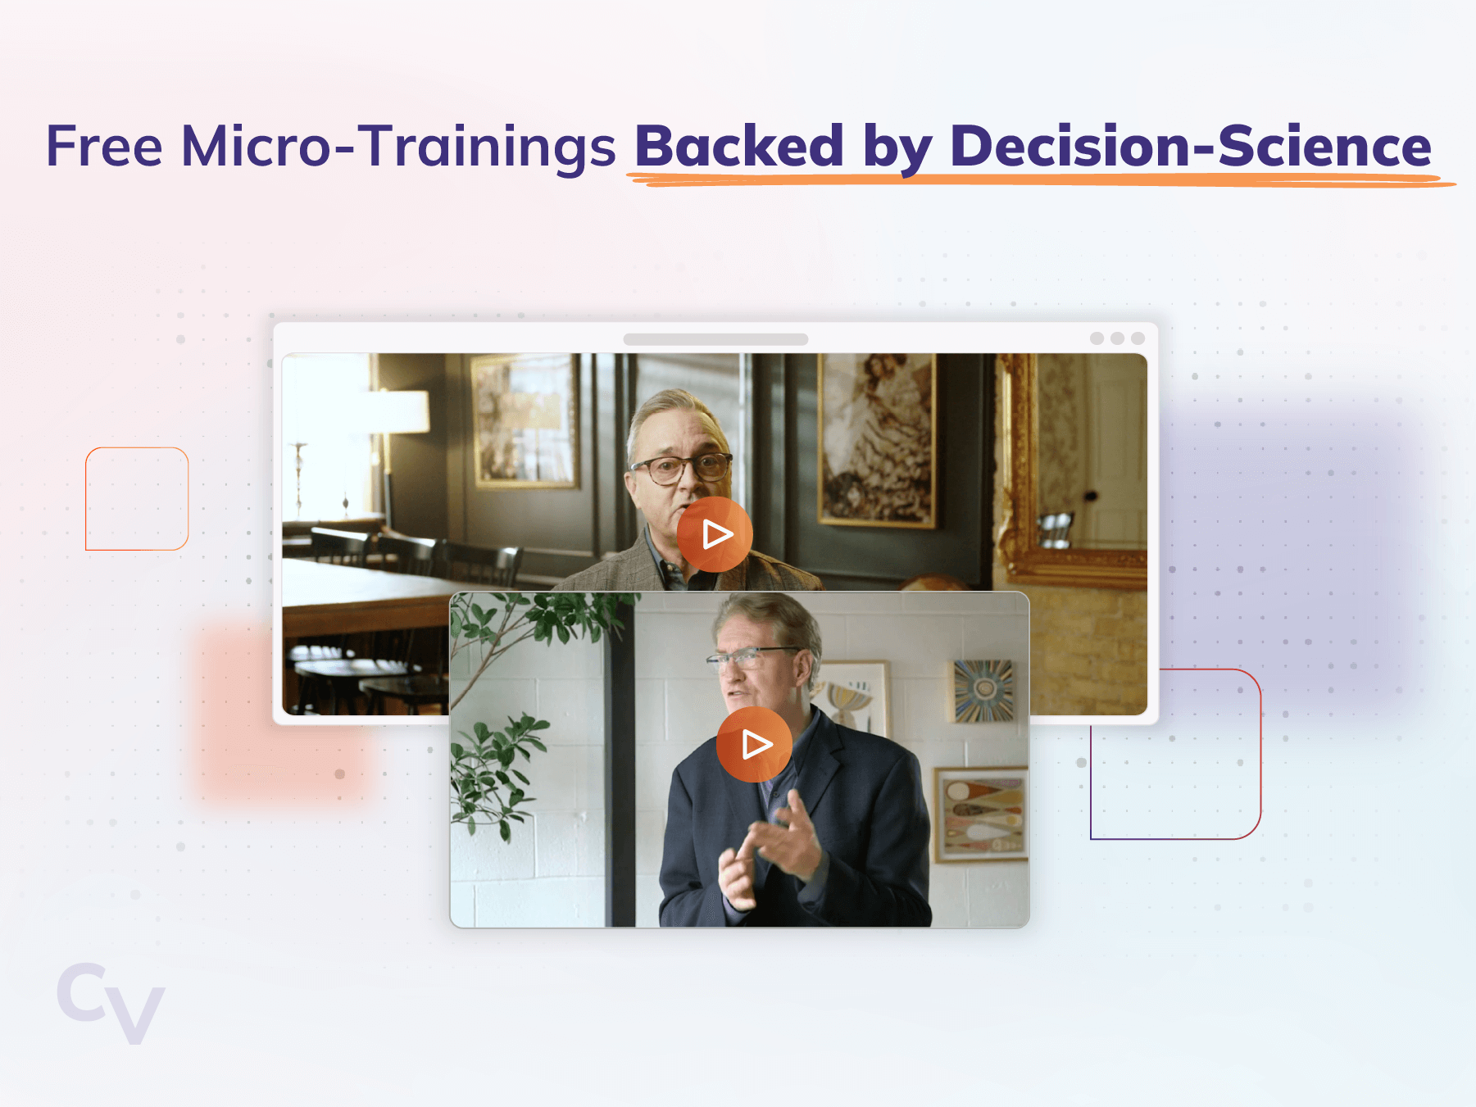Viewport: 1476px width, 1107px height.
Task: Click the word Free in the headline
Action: coord(104,147)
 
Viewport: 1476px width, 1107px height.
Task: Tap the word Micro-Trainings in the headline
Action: coord(398,147)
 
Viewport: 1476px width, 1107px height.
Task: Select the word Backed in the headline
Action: coord(739,146)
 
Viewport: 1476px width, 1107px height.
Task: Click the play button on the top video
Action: coord(715,534)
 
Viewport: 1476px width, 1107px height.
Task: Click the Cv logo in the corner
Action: coord(111,1003)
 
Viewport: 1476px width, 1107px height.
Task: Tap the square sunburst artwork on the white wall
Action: coord(983,691)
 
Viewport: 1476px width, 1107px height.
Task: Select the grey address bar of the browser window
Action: coord(715,339)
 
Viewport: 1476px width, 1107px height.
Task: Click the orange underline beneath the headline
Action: coord(1041,180)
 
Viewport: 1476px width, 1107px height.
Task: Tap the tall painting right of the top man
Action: coord(877,440)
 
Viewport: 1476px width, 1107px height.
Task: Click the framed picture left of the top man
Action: coord(525,421)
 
